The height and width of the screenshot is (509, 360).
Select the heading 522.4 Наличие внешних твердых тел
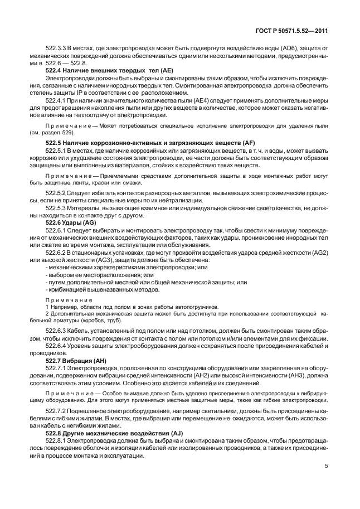(104, 72)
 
